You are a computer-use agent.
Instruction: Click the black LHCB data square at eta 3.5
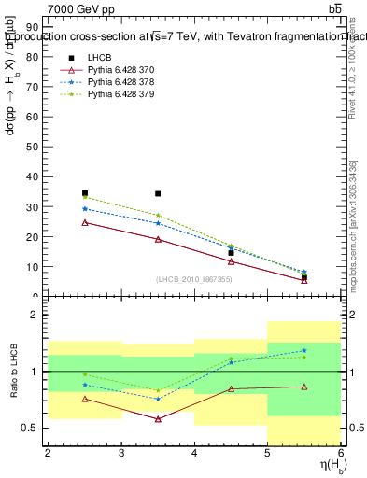point(158,194)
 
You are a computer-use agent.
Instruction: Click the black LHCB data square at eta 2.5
point(85,193)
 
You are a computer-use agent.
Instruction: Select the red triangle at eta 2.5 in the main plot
point(85,222)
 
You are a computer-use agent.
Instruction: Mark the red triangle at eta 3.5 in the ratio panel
point(158,419)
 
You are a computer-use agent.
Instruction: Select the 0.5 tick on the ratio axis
point(35,428)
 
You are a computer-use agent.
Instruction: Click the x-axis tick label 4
point(194,453)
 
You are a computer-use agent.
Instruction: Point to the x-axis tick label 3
point(121,453)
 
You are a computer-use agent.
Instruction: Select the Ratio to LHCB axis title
point(12,371)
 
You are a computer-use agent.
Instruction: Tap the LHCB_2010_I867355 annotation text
point(193,279)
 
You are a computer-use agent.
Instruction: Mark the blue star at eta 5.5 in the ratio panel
point(304,351)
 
